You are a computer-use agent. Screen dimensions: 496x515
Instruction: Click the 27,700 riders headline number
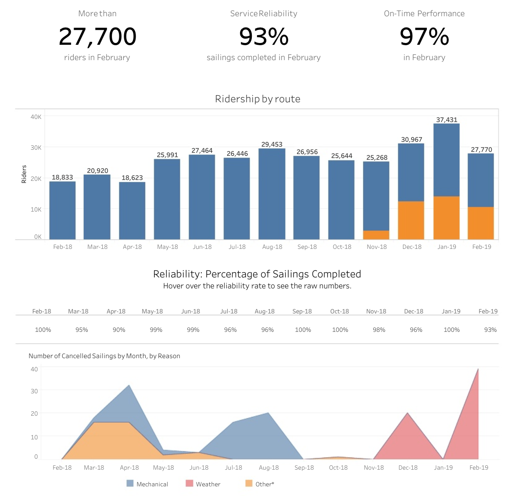click(97, 36)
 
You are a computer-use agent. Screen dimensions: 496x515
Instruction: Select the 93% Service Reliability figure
click(264, 36)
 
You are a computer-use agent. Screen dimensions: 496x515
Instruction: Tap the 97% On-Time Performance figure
click(424, 36)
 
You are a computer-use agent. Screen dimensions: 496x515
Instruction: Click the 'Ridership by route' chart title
click(257, 99)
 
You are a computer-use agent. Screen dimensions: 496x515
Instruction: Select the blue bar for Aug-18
click(272, 194)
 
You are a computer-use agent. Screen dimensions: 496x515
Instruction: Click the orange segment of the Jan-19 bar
click(447, 218)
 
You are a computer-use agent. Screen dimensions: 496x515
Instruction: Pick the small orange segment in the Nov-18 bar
click(376, 235)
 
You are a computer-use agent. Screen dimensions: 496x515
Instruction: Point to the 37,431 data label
click(447, 119)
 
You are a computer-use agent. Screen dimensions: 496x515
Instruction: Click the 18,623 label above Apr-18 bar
click(132, 178)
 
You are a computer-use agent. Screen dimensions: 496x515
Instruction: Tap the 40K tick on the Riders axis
click(36, 117)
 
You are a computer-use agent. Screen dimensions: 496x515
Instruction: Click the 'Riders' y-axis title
click(24, 174)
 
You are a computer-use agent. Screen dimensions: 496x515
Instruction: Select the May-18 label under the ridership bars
click(168, 247)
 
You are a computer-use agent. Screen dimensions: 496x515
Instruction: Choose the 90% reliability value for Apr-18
click(119, 330)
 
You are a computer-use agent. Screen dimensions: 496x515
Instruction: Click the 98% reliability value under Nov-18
click(379, 330)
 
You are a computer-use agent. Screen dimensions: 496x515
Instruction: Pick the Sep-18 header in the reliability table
click(302, 311)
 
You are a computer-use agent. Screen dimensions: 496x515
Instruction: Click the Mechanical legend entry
click(147, 484)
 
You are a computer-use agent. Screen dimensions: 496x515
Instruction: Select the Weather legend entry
click(203, 484)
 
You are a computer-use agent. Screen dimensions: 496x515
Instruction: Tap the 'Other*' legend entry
click(260, 484)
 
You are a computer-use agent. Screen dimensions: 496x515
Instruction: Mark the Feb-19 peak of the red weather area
click(478, 370)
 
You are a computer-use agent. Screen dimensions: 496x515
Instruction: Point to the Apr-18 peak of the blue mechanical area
click(129, 386)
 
